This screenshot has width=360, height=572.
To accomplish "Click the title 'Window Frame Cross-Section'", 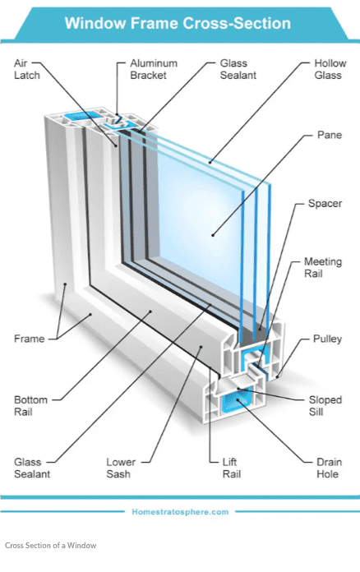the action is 178,23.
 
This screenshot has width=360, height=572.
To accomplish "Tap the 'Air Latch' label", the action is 26,69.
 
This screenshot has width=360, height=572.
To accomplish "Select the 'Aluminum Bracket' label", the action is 154,69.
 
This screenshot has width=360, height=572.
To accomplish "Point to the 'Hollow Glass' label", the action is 330,69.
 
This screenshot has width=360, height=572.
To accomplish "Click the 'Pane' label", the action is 330,135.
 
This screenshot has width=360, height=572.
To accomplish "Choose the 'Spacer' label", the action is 325,204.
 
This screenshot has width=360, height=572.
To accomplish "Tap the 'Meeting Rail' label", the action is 323,267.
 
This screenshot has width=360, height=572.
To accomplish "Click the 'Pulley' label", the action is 327,339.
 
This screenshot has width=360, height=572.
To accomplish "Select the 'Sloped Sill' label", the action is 325,406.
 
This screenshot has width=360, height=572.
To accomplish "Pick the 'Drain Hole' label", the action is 329,468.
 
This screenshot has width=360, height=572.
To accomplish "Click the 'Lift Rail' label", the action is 232,468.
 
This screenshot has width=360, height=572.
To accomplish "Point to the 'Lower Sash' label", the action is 121,468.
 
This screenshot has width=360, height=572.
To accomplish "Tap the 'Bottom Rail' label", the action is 30,406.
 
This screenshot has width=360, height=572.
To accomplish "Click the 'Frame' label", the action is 30,339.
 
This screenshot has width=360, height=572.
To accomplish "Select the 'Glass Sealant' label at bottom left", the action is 32,468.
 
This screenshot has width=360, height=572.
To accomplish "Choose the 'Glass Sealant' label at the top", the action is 238,69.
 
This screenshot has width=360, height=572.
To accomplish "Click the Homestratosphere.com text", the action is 180,512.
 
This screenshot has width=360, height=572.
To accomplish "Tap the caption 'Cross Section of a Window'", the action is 51,546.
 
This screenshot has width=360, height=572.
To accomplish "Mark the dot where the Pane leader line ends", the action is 213,235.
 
